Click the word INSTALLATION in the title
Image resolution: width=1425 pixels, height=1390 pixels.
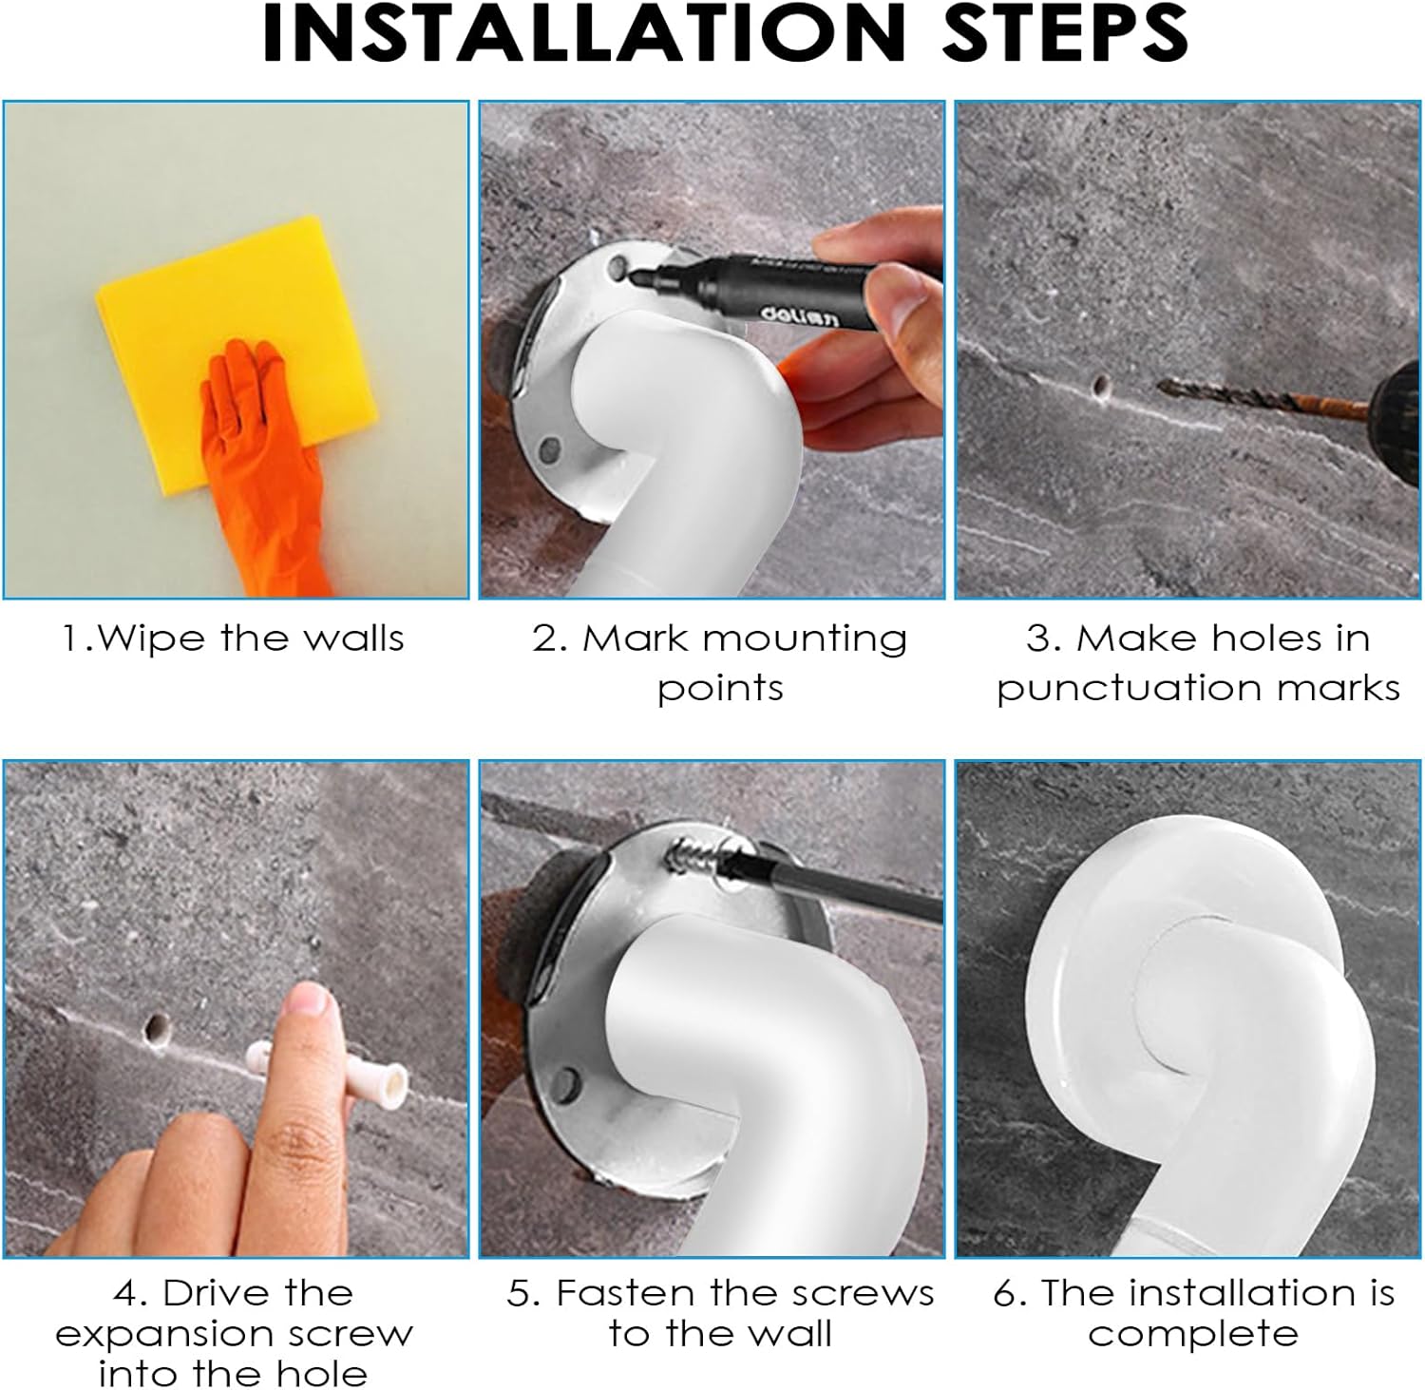583,33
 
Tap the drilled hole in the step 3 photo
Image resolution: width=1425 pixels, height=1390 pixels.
1101,386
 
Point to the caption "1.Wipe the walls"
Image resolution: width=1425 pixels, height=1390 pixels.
233,638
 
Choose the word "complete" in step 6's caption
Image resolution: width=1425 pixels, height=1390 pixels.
1193,1335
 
